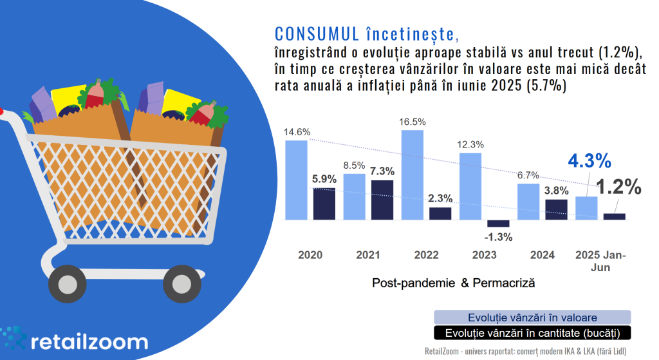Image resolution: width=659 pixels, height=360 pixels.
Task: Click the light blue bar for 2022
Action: pyautogui.click(x=412, y=175)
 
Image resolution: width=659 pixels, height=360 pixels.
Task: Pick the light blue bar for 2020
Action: pyautogui.click(x=296, y=180)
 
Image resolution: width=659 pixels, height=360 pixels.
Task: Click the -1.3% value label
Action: pyautogui.click(x=499, y=236)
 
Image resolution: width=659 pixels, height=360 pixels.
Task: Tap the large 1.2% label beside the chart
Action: pyautogui.click(x=618, y=187)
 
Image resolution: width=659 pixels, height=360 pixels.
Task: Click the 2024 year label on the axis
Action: pyautogui.click(x=543, y=255)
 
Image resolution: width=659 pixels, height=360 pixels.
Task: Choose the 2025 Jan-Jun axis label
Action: pyautogui.click(x=600, y=261)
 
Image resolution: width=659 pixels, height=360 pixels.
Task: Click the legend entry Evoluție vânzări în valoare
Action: pyautogui.click(x=532, y=317)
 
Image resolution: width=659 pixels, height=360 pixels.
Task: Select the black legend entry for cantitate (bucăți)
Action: pyautogui.click(x=532, y=333)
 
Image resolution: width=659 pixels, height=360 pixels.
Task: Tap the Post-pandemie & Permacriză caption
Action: pyautogui.click(x=453, y=282)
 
